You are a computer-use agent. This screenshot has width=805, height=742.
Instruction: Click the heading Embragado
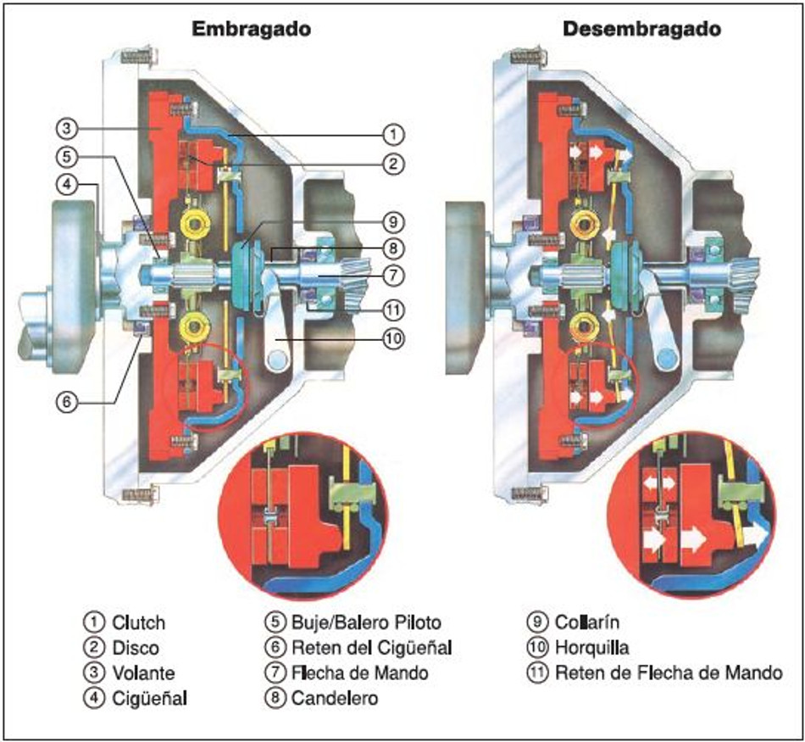pyautogui.click(x=252, y=28)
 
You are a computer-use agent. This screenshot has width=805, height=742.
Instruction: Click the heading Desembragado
pyautogui.click(x=642, y=28)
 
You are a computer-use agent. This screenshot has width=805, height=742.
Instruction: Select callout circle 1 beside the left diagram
pyautogui.click(x=391, y=133)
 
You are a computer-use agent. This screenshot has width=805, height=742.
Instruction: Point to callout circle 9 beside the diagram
pyautogui.click(x=391, y=223)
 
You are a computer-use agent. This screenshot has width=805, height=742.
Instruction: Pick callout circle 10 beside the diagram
pyautogui.click(x=391, y=338)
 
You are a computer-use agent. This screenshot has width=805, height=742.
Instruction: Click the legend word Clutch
pyautogui.click(x=138, y=622)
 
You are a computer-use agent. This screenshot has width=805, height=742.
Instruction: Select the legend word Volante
pyautogui.click(x=143, y=673)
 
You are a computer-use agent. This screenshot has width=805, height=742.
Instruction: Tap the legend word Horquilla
pyautogui.click(x=591, y=648)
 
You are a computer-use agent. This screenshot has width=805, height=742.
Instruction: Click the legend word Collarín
pyautogui.click(x=586, y=622)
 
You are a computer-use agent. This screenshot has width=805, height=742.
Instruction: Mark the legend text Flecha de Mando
pyautogui.click(x=359, y=673)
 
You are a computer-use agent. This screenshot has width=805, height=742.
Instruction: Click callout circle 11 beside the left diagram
pyautogui.click(x=391, y=309)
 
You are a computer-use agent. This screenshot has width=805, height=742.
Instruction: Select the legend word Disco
pyautogui.click(x=136, y=648)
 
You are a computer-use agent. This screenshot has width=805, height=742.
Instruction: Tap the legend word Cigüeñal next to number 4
pyautogui.click(x=149, y=699)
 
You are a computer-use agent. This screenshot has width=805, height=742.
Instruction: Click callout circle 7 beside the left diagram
pyautogui.click(x=391, y=275)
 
